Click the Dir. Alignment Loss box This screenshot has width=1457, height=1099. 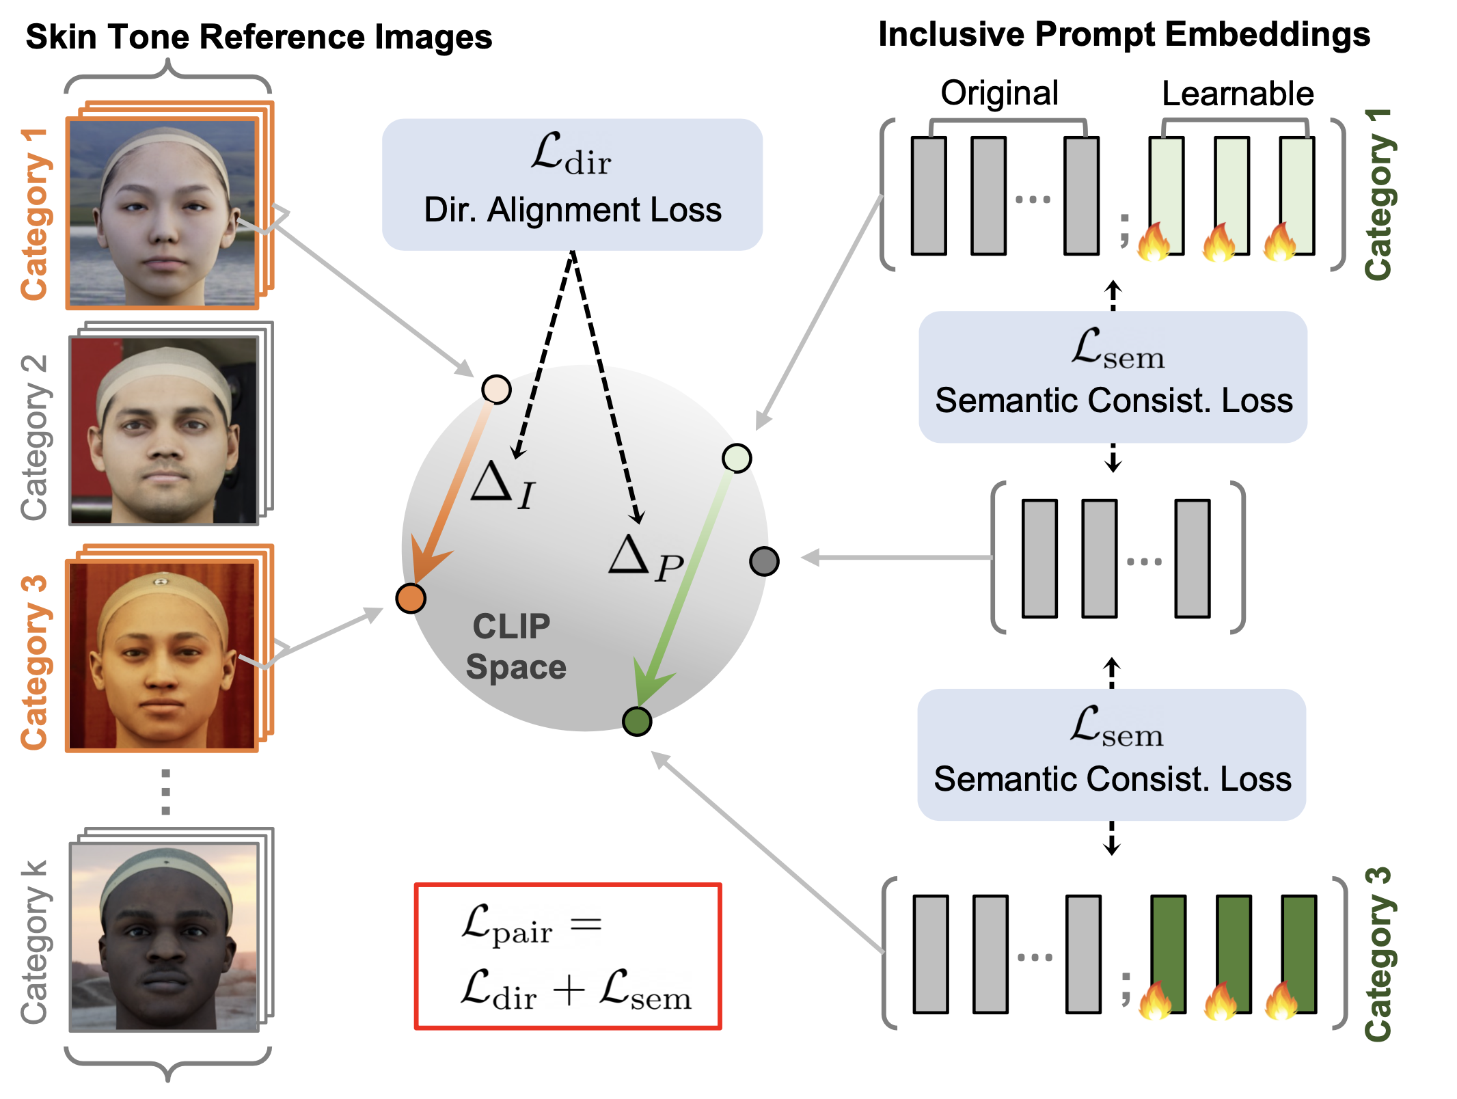click(x=572, y=185)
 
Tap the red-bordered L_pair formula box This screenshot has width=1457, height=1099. click(x=568, y=956)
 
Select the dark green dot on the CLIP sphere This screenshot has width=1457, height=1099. click(x=637, y=721)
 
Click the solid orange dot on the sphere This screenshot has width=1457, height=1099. click(x=411, y=598)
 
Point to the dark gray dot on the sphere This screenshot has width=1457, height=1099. click(x=764, y=561)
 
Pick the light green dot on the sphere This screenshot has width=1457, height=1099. click(x=737, y=458)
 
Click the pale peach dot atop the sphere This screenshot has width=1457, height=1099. click(x=496, y=390)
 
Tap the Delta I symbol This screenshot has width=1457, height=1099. click(x=502, y=485)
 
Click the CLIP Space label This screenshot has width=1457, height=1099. click(x=515, y=646)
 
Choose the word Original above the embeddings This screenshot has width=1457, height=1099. click(x=999, y=93)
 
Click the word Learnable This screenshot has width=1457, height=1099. click(x=1238, y=94)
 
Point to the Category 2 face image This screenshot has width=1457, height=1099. click(x=165, y=431)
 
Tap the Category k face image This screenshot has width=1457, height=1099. click(x=165, y=937)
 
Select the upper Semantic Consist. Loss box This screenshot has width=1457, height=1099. click(x=1113, y=377)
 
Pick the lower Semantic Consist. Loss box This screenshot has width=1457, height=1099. click(x=1112, y=755)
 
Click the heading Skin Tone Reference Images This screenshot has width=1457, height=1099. click(x=259, y=37)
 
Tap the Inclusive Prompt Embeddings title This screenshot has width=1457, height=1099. click(x=1124, y=34)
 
